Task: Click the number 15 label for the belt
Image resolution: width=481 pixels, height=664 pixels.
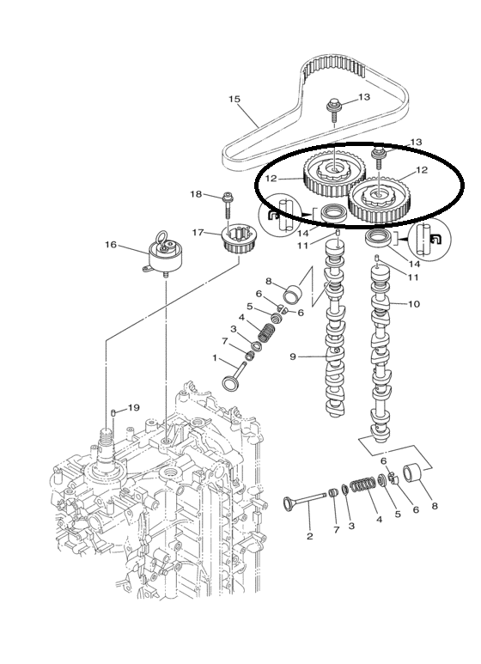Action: click(234, 99)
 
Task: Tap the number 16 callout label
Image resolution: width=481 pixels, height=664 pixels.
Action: click(111, 245)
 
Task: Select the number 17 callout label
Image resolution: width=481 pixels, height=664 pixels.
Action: click(198, 233)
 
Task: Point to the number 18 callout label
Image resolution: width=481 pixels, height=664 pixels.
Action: click(196, 194)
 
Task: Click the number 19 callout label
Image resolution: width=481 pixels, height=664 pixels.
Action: click(133, 407)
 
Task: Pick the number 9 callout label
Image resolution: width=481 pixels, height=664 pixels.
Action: click(293, 356)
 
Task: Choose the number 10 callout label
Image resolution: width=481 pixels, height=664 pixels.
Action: click(414, 303)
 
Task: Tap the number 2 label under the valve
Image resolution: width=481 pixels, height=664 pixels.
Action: click(309, 536)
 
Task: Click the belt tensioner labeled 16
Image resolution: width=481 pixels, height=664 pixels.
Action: click(163, 255)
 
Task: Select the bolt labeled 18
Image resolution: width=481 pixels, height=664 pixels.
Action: click(228, 205)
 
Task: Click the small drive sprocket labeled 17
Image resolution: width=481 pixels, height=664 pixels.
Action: click(234, 241)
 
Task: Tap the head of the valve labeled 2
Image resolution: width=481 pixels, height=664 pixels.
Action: click(289, 503)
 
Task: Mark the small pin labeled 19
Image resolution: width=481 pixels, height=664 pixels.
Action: click(113, 412)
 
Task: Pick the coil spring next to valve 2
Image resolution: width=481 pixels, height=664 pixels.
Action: click(362, 484)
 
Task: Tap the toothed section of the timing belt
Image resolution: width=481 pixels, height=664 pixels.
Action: click(334, 68)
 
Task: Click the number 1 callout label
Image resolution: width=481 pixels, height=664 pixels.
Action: click(215, 358)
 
